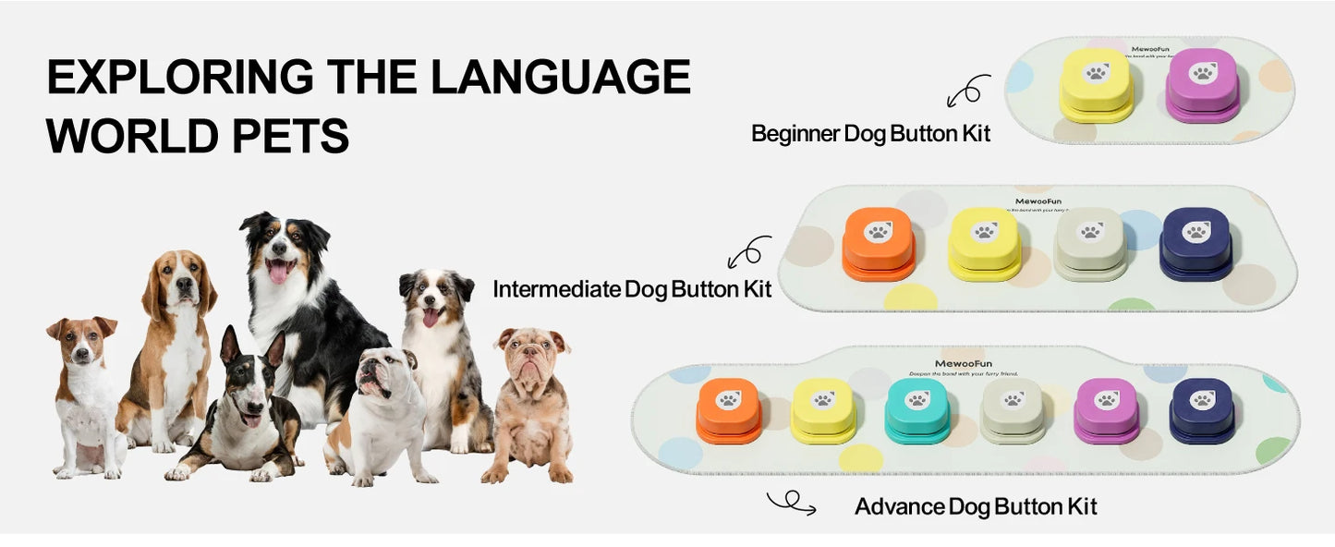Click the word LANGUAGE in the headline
point(560,77)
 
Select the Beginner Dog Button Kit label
point(870,134)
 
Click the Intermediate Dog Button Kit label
point(632,289)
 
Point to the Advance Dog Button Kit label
point(976,506)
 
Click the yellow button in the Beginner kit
point(1097,83)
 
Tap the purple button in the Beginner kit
point(1203,83)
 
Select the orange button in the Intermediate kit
point(879,242)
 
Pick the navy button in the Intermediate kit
point(1196,242)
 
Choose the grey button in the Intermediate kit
point(1091,242)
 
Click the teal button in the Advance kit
point(916,409)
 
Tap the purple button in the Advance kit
point(1106,409)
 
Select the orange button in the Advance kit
point(729,409)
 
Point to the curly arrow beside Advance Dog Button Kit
point(790,504)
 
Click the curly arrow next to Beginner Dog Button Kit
point(967,91)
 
